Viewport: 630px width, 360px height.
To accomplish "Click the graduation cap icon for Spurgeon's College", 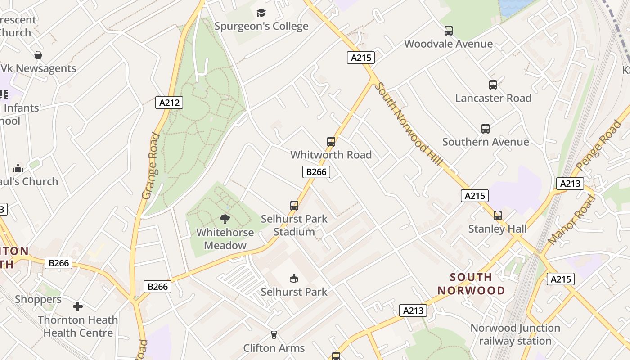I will (261, 13).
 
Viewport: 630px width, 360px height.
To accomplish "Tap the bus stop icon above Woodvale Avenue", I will (448, 31).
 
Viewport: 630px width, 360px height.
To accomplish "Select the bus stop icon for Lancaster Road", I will (493, 85).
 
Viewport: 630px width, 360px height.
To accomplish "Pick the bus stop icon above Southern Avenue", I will (485, 129).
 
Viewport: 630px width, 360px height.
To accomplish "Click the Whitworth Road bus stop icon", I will (331, 142).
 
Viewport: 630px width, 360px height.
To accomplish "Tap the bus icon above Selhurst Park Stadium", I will (294, 206).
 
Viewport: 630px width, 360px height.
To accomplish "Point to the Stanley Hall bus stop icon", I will (497, 216).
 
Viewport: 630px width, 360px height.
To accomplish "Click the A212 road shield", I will (170, 103).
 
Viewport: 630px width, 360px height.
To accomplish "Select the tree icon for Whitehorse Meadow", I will (225, 219).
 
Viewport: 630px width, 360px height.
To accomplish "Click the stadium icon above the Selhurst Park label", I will (294, 279).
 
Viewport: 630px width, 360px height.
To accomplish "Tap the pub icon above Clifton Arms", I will (274, 335).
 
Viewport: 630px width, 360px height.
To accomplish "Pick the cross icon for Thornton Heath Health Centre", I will (78, 306).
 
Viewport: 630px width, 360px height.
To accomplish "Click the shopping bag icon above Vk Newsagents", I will (38, 55).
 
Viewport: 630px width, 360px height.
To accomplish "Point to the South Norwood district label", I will (471, 283).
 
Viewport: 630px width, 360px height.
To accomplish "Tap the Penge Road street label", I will (598, 145).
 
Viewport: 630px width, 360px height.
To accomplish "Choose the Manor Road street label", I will (572, 220).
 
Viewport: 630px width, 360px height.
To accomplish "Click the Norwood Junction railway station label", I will (515, 334).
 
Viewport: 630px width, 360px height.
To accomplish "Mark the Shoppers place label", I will (38, 299).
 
